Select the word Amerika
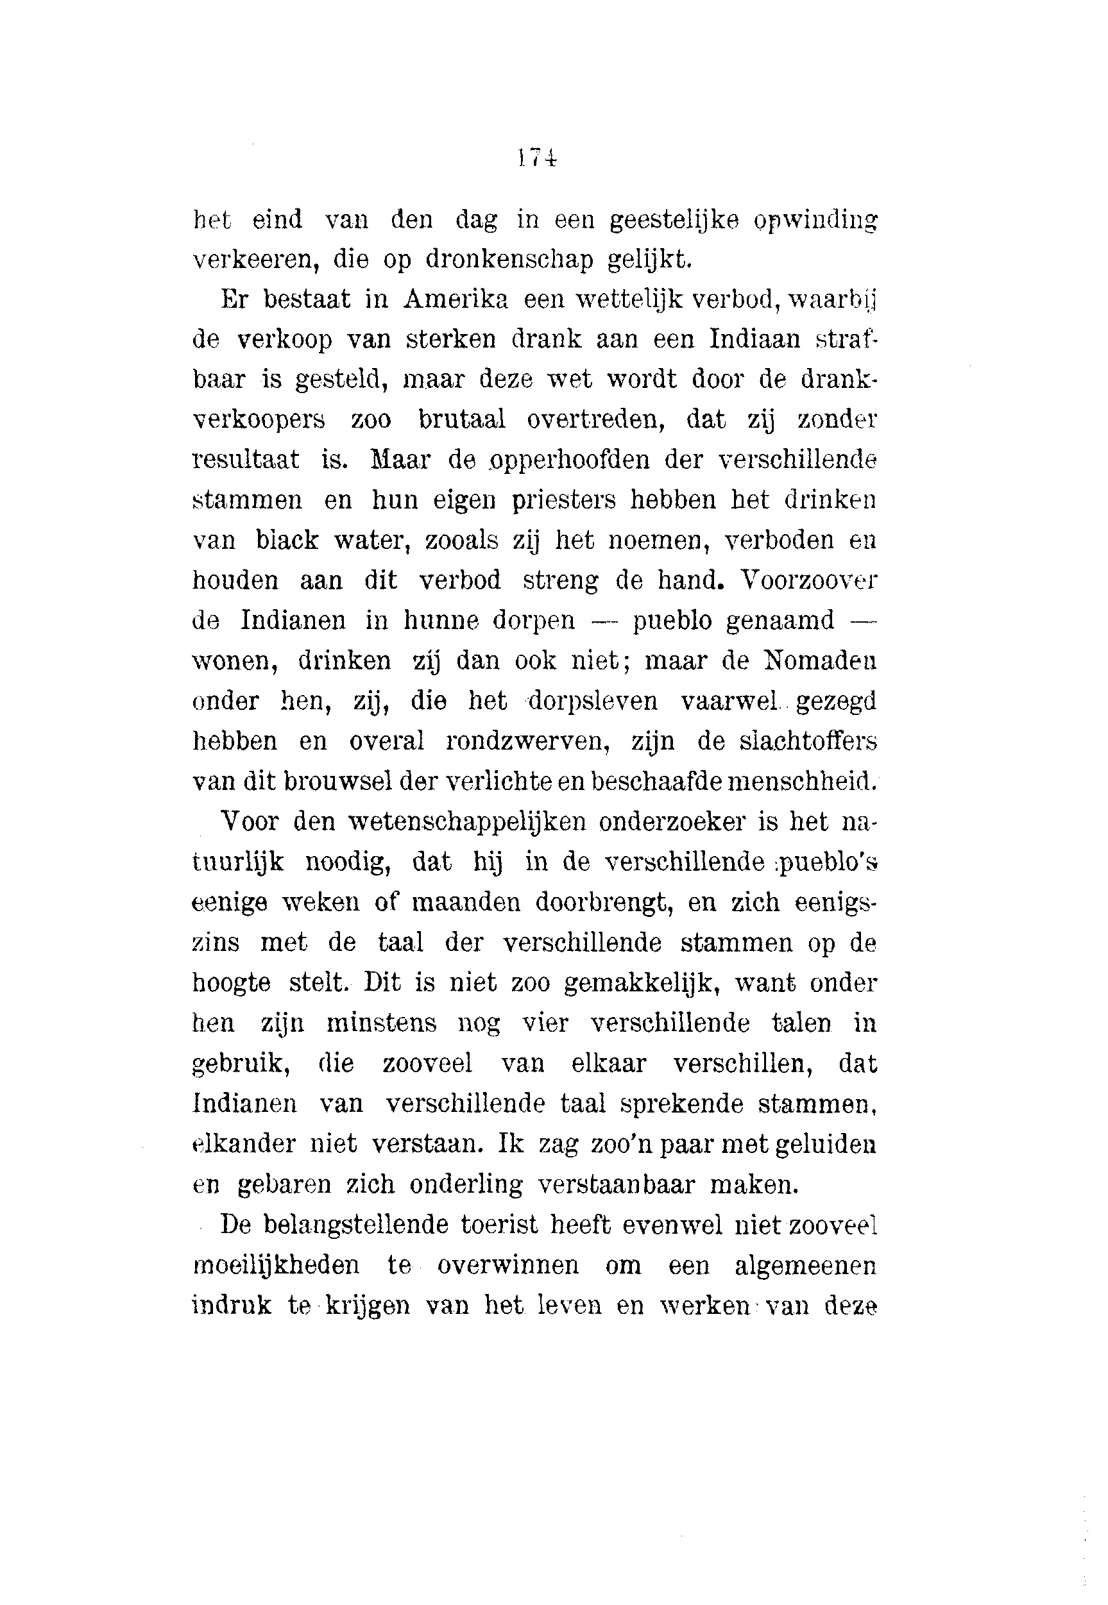(456, 299)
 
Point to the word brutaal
(462, 420)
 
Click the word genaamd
(780, 620)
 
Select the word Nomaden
(819, 660)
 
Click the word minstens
(381, 1023)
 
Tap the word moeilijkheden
(276, 1265)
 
